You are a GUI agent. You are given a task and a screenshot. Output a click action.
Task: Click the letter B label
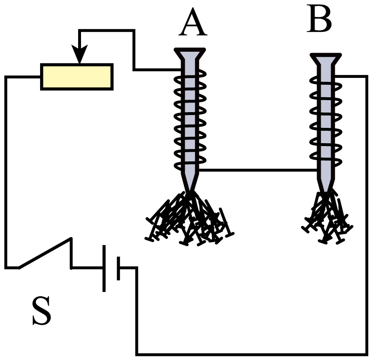(319, 19)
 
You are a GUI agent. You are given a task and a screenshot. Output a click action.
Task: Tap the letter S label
(42, 310)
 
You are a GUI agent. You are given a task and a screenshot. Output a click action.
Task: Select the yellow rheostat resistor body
(77, 77)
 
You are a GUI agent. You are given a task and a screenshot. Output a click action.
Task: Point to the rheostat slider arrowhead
(80, 54)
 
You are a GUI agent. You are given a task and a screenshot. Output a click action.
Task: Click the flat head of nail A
(190, 54)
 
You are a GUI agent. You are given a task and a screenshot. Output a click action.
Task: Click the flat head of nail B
(326, 59)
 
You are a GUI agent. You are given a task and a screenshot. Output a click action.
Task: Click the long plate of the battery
(104, 268)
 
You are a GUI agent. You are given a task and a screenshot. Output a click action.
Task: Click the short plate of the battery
(118, 268)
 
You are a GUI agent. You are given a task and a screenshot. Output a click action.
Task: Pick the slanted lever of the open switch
(45, 253)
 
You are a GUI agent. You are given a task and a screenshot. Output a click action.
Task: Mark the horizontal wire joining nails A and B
(258, 170)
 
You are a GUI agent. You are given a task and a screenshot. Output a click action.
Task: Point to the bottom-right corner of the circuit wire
(367, 355)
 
